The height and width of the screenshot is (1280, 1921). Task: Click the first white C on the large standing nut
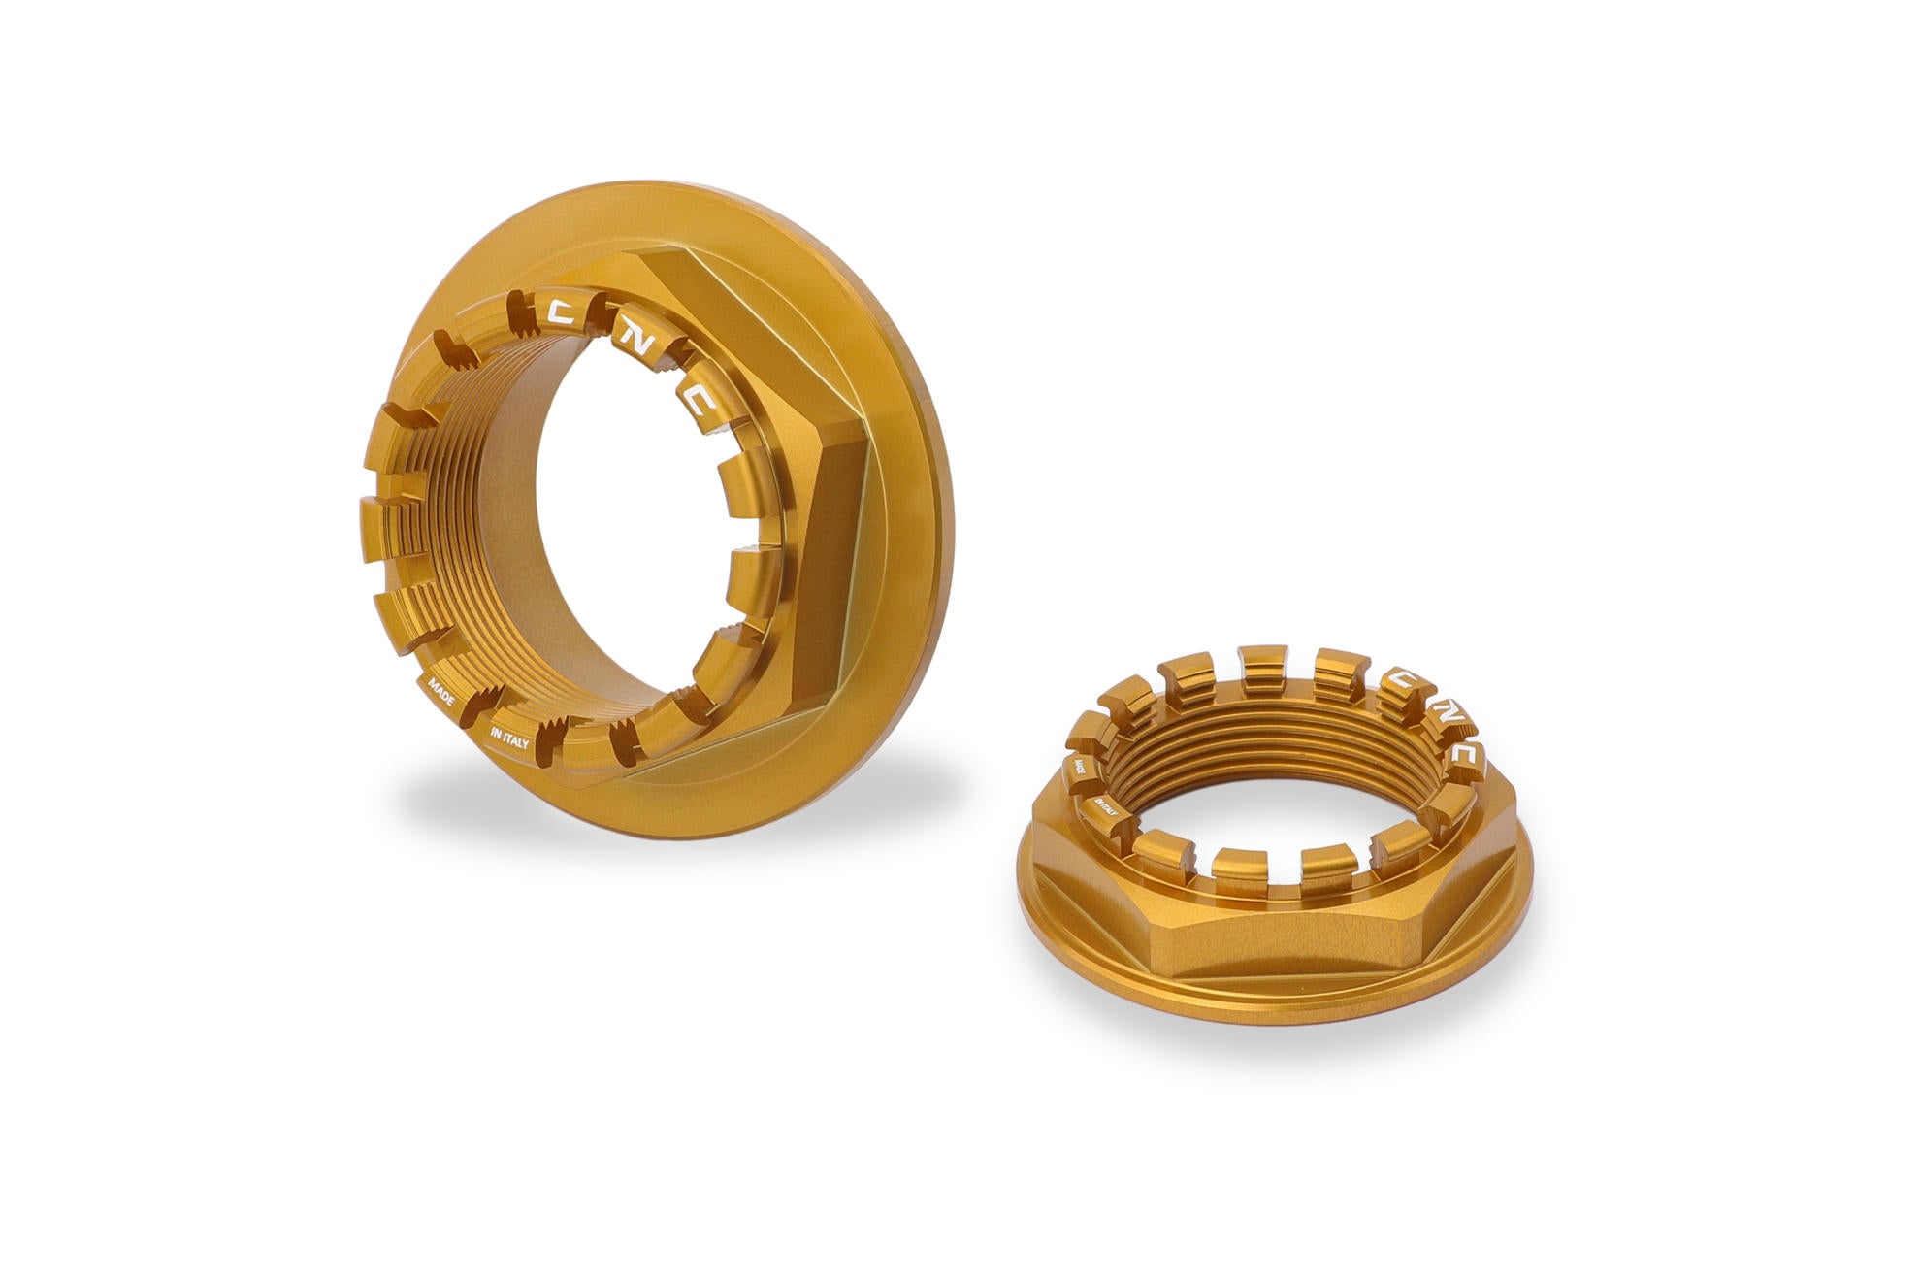coord(564,312)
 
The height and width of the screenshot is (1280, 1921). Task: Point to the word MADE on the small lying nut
coord(1078,771)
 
